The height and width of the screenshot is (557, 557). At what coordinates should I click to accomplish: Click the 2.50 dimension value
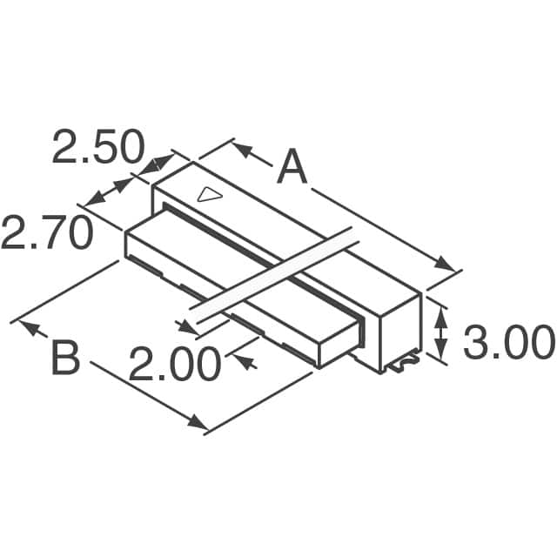[x=97, y=147]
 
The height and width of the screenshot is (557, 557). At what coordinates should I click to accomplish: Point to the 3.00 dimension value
[x=507, y=343]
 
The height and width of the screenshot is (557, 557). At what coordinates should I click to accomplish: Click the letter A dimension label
[x=292, y=167]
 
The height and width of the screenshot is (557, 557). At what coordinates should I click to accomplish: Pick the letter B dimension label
[x=65, y=359]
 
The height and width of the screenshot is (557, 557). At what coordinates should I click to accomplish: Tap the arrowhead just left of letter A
[x=242, y=152]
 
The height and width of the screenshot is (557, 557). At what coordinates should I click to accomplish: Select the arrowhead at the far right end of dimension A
[x=445, y=263]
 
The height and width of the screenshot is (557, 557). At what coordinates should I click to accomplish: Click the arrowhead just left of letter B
[x=30, y=330]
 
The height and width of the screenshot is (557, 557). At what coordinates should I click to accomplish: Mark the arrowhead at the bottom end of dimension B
[x=198, y=424]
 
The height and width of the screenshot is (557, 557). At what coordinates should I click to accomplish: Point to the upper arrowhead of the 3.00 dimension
[x=441, y=315]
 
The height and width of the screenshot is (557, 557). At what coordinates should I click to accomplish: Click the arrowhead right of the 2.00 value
[x=246, y=359]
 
